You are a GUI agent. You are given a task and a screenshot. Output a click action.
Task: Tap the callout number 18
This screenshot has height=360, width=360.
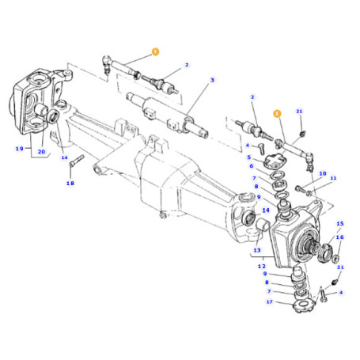(x=70, y=183)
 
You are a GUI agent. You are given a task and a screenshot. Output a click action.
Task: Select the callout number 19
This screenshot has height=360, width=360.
(x=18, y=149)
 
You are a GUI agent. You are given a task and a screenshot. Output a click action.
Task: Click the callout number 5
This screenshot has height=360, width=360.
(x=249, y=157)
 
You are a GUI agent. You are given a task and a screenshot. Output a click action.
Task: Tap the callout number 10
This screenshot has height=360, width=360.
(x=321, y=173)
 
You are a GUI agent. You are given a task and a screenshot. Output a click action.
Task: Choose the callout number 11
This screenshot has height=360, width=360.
(x=333, y=179)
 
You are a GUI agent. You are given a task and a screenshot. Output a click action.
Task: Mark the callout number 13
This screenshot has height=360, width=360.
(x=258, y=251)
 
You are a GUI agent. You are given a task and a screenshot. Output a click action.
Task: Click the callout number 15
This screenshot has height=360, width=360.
(x=340, y=225)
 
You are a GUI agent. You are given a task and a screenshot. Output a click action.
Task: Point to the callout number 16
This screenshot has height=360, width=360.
(x=340, y=237)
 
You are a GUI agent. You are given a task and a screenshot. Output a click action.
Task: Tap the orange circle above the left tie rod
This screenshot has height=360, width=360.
(x=155, y=51)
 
